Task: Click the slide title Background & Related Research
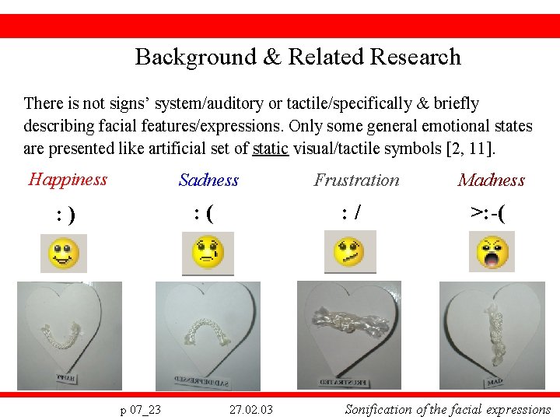tap(298, 57)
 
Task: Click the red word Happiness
tap(68, 180)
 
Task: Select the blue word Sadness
tap(208, 180)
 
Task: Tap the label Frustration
tap(356, 180)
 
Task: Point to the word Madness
tap(492, 180)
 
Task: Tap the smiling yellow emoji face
tap(64, 254)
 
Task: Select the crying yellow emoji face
tap(208, 252)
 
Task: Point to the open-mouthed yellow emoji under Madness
tap(493, 252)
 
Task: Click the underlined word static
tap(270, 148)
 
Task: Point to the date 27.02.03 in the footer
tap(251, 409)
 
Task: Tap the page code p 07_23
tap(140, 409)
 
